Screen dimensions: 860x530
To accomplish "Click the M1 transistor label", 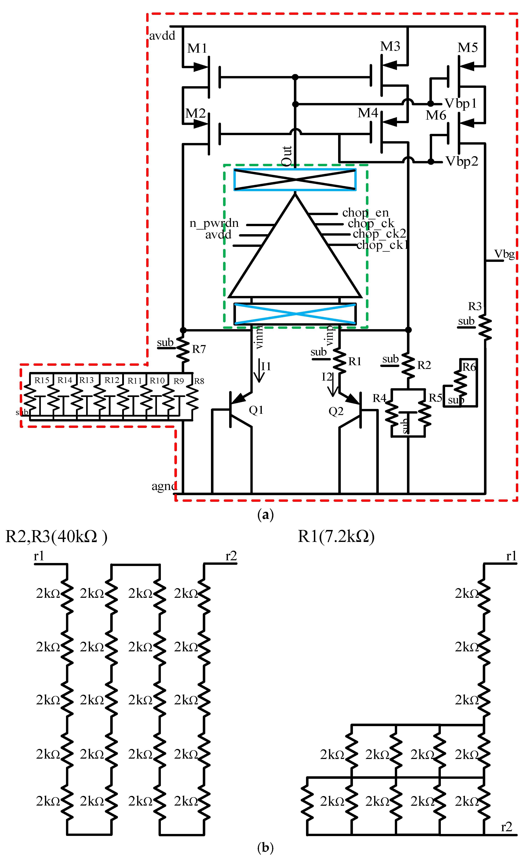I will [197, 48].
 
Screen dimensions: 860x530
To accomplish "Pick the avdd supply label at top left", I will [162, 36].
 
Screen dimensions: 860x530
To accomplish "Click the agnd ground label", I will [164, 486].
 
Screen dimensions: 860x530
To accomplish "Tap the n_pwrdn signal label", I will [214, 223].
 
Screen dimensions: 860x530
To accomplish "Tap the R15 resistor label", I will [42, 380].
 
